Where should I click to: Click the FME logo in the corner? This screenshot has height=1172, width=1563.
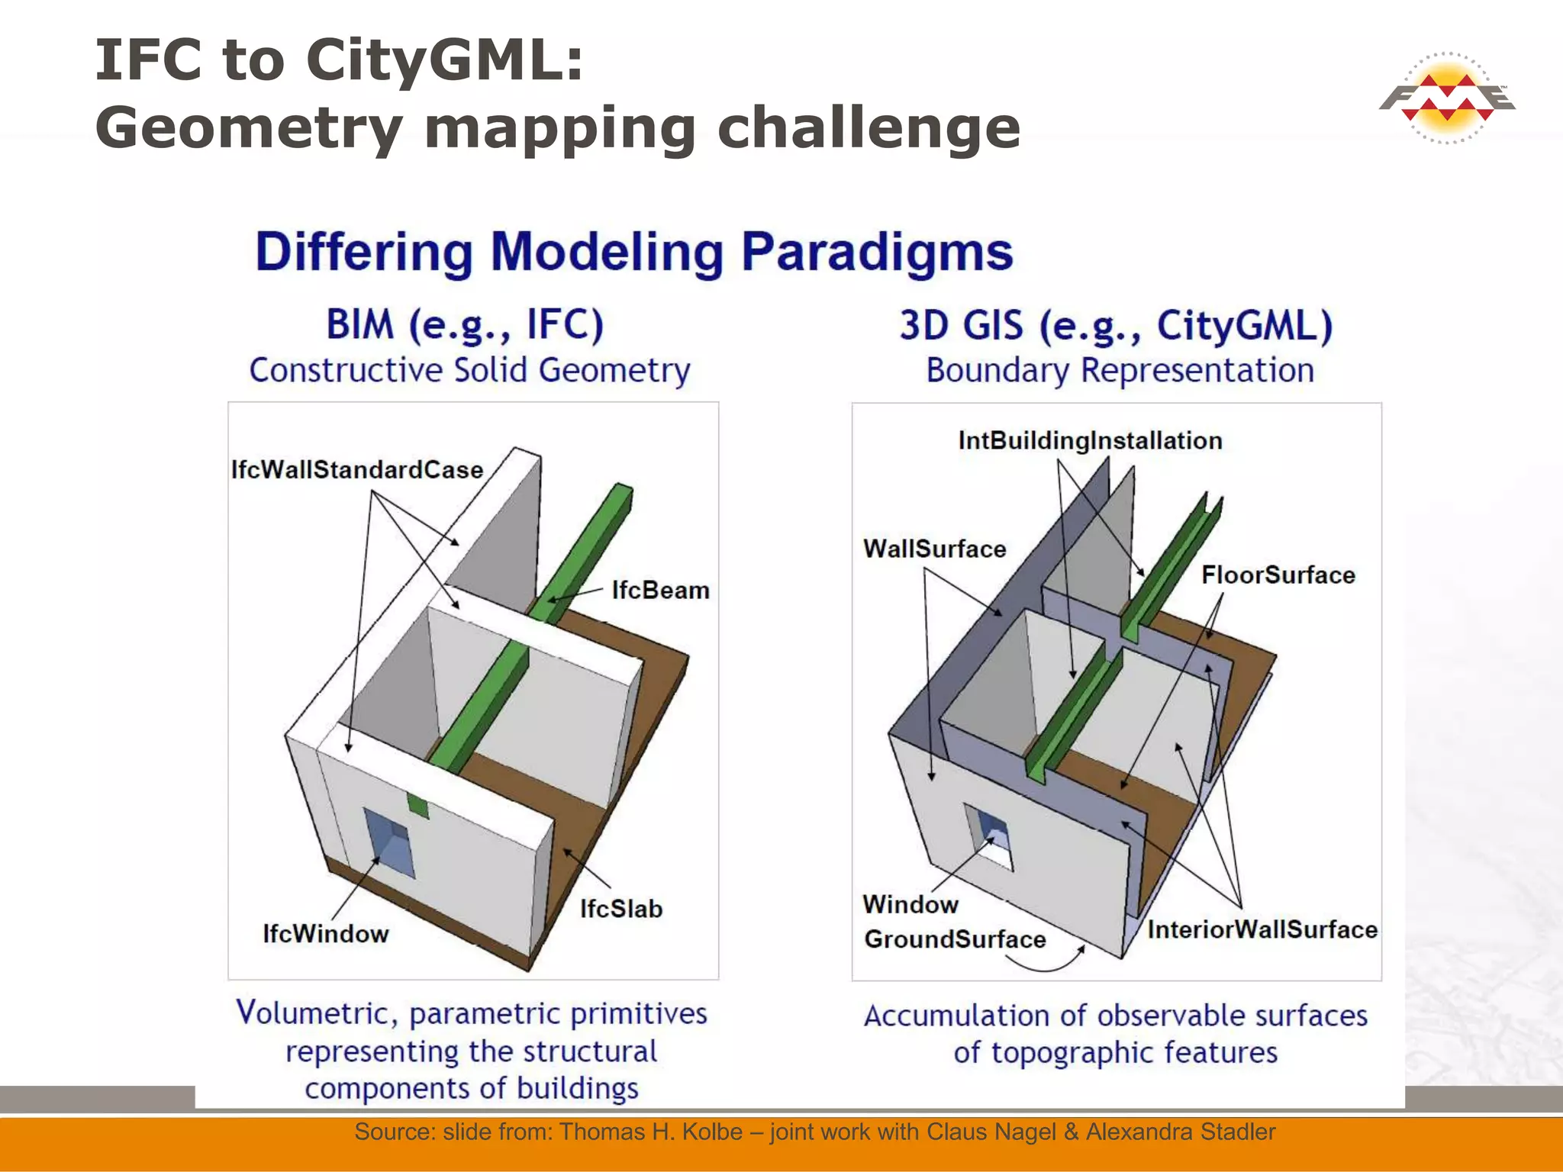point(1447,98)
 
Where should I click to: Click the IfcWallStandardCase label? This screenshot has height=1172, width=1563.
point(357,469)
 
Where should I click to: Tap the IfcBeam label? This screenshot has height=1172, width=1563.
point(660,590)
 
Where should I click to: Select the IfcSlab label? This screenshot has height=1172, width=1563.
point(620,909)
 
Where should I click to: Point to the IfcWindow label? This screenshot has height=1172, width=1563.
point(326,933)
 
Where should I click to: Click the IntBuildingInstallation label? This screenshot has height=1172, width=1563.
point(1090,440)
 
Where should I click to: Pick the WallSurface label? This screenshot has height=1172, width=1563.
point(934,549)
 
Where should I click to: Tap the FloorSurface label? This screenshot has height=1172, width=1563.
point(1278,575)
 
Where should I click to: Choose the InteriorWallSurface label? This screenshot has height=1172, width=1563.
point(1262,929)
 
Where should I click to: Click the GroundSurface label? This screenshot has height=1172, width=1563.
point(954,939)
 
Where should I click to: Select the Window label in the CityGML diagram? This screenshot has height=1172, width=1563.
point(910,904)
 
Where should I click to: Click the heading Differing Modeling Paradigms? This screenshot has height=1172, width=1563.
point(633,252)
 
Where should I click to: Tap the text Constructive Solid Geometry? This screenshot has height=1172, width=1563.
point(469,371)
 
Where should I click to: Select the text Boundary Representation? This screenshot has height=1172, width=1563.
point(1120,371)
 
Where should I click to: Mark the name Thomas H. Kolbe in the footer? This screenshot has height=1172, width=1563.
point(651,1132)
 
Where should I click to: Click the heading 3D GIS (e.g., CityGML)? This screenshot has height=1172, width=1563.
point(1116,325)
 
